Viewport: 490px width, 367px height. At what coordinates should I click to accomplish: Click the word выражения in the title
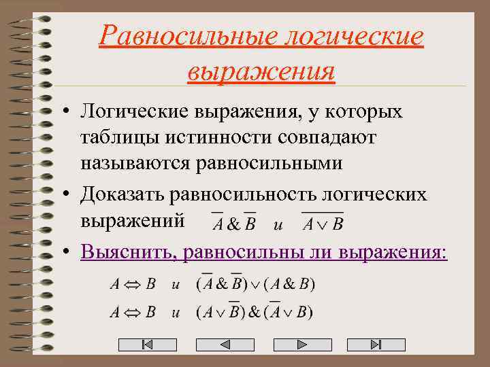click(261, 71)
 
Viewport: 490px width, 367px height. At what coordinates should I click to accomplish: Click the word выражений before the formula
click(132, 220)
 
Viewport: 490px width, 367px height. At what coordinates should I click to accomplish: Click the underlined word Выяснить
click(122, 251)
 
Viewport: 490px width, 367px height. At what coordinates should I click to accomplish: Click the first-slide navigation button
click(148, 345)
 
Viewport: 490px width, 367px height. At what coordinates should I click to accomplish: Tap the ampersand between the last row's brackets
click(255, 313)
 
